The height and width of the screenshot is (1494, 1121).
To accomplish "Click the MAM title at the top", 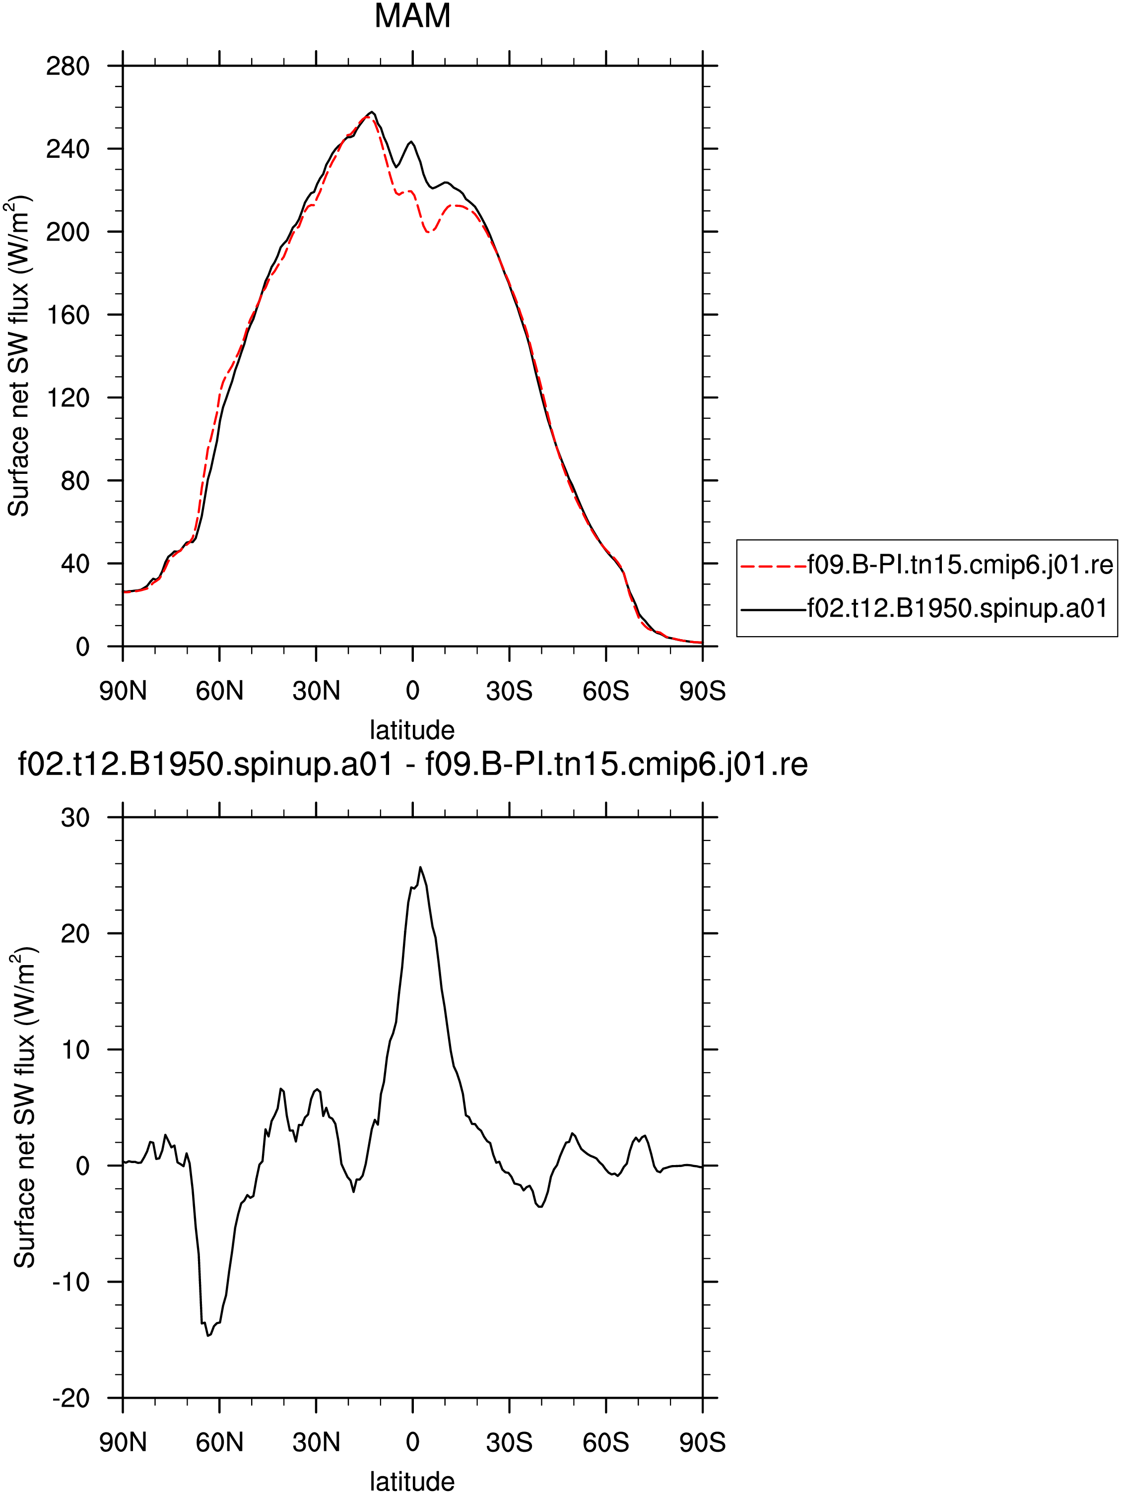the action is click(x=412, y=16).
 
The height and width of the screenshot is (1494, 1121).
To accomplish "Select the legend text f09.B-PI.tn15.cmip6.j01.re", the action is click(x=960, y=565).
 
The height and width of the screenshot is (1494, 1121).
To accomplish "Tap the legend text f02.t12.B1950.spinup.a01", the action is click(x=957, y=608).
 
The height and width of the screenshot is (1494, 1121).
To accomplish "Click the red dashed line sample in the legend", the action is click(x=773, y=566).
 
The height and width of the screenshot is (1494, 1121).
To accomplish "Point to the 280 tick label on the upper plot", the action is click(x=67, y=66).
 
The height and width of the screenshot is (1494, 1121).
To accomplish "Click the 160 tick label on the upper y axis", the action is click(x=67, y=315).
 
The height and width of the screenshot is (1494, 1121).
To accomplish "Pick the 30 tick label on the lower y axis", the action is click(x=75, y=818).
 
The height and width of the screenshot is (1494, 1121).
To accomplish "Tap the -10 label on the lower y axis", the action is click(x=71, y=1282).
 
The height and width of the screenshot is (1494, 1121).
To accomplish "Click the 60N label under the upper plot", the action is click(x=219, y=691).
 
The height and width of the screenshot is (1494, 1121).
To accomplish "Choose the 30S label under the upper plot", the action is click(x=509, y=691).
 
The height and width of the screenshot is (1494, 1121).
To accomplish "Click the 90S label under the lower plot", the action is click(x=702, y=1443).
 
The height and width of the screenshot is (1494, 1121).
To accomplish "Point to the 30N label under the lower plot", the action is click(x=316, y=1443).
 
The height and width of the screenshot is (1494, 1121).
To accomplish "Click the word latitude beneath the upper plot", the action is click(x=412, y=730).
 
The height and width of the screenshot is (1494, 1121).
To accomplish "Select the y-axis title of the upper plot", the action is click(x=19, y=357).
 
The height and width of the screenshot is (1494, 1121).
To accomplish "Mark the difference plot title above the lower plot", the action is click(x=412, y=765).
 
